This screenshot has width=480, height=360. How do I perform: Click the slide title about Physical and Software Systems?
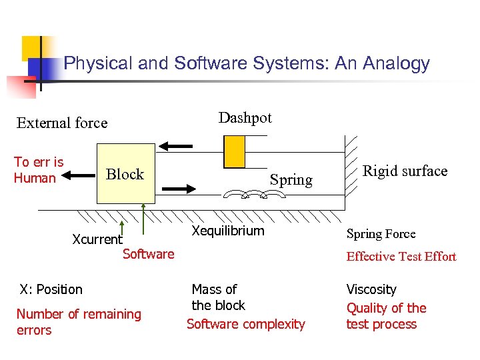(x=247, y=64)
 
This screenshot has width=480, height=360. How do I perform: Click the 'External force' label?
(x=62, y=123)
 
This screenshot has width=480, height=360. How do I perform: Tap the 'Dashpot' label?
(x=245, y=118)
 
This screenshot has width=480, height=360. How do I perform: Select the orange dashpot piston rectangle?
(x=234, y=152)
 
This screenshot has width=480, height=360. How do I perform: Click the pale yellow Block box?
(x=125, y=174)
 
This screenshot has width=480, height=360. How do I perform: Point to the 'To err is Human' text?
(x=39, y=170)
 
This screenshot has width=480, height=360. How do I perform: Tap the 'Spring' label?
(x=291, y=180)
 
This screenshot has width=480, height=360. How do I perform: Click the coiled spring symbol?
(x=253, y=194)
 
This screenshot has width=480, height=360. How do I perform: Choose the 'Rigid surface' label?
(x=405, y=171)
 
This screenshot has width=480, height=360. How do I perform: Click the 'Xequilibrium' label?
(x=228, y=231)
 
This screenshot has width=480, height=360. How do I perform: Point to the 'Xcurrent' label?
(x=97, y=239)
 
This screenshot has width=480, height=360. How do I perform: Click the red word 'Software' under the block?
(x=148, y=253)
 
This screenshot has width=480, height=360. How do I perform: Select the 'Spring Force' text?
(x=381, y=234)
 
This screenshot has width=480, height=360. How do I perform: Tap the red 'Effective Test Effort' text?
(x=401, y=257)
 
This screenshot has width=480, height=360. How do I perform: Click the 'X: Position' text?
(x=51, y=289)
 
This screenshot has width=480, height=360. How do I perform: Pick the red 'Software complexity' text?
(x=246, y=325)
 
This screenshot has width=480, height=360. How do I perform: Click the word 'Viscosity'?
(x=371, y=290)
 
